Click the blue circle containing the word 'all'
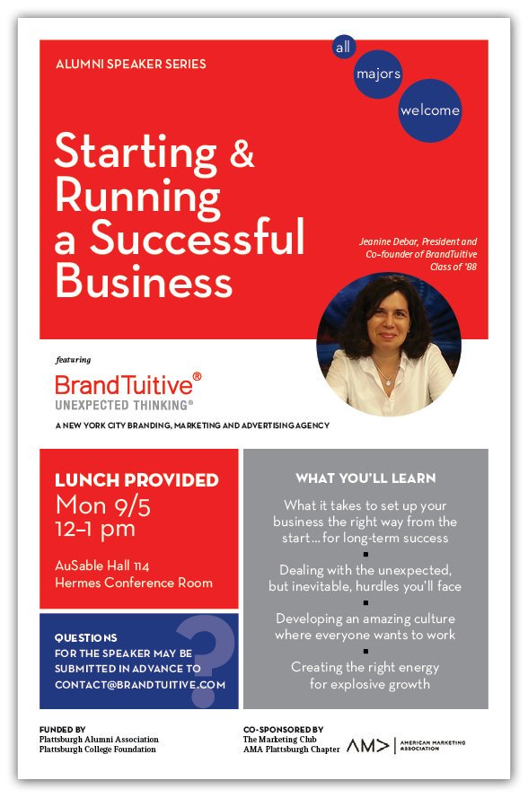click(x=344, y=47)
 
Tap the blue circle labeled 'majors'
click(x=378, y=75)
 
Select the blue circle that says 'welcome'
click(x=430, y=110)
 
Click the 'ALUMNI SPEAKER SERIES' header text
click(x=131, y=64)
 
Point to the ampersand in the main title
click(x=242, y=153)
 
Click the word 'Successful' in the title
click(x=198, y=237)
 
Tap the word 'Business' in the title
click(x=144, y=281)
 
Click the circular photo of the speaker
click(x=389, y=345)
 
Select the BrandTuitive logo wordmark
click(x=128, y=385)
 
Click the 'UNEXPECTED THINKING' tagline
click(x=124, y=405)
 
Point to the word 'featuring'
click(x=74, y=360)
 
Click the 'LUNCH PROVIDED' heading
click(x=136, y=480)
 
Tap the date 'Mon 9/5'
click(x=103, y=506)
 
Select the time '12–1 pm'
click(x=95, y=530)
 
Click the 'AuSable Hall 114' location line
click(x=101, y=566)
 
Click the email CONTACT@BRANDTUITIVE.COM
click(x=140, y=685)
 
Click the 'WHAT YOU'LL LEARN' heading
click(x=365, y=478)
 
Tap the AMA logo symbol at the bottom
click(x=367, y=746)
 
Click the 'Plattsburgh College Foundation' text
click(x=98, y=750)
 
